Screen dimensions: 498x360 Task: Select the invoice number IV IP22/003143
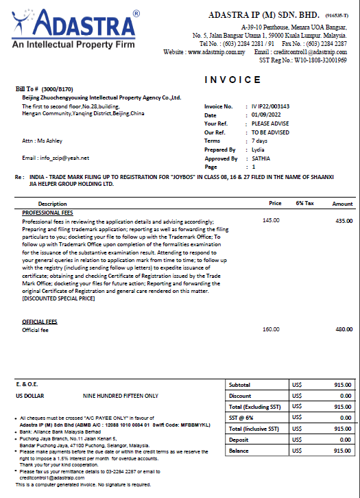click(x=270, y=106)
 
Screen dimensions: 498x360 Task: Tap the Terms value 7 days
click(x=259, y=141)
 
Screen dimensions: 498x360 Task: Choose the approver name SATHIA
click(x=261, y=158)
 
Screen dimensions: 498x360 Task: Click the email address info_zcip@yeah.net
click(x=56, y=158)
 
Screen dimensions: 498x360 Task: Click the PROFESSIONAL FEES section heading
click(x=49, y=213)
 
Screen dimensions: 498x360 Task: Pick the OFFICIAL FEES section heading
click(x=40, y=322)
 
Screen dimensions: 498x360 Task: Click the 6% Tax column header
click(x=304, y=204)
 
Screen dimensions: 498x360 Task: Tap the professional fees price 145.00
click(x=271, y=221)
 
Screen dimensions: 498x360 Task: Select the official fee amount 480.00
click(x=344, y=330)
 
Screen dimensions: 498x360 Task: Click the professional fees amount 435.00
click(x=344, y=221)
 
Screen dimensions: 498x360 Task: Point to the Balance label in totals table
click(x=239, y=451)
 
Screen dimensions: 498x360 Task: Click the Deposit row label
click(x=239, y=440)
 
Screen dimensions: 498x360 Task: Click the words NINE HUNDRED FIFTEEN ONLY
click(x=121, y=396)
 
